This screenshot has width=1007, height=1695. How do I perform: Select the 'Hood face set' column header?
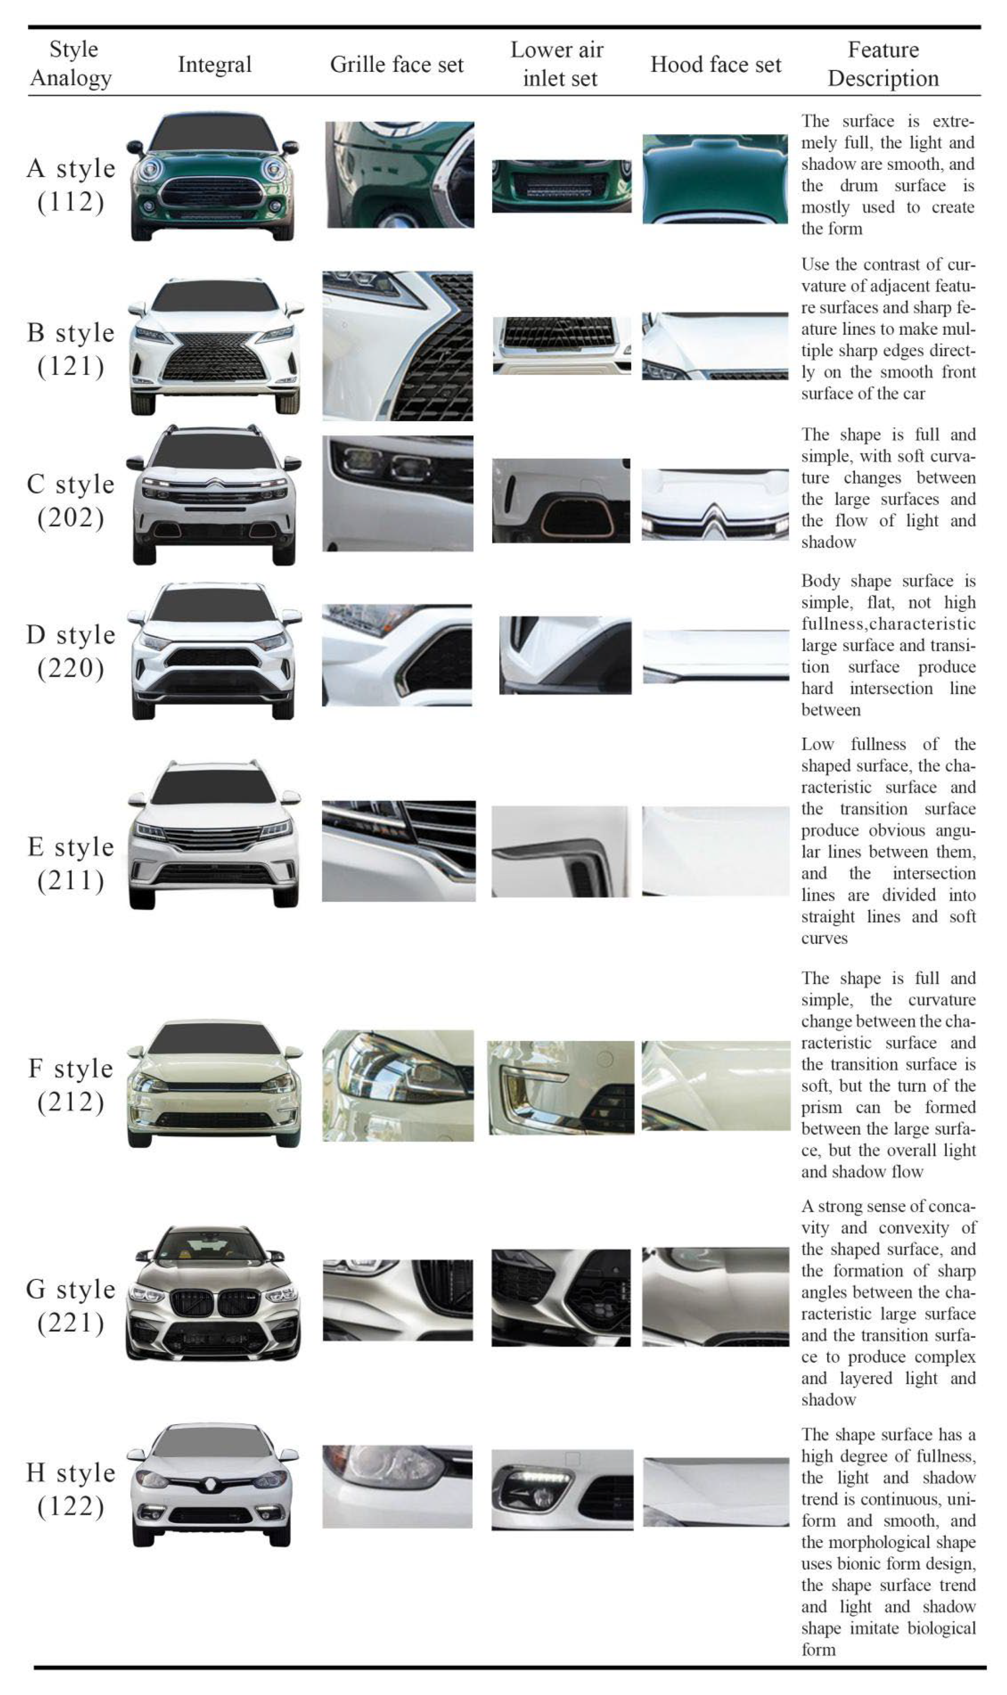(x=716, y=65)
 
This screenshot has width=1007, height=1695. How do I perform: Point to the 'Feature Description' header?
(x=884, y=64)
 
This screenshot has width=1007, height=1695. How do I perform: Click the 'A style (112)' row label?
(x=71, y=185)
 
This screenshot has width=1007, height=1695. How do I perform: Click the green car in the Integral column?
(x=213, y=176)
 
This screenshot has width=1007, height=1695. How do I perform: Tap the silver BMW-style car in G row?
(x=213, y=1293)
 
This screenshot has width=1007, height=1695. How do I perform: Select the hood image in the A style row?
(x=715, y=178)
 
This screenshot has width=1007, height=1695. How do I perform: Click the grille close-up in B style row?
(x=398, y=346)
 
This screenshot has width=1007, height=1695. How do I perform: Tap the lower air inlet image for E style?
(x=561, y=852)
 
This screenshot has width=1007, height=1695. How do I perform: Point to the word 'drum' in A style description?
(x=858, y=185)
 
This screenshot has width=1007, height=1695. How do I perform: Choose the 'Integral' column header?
(x=214, y=65)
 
